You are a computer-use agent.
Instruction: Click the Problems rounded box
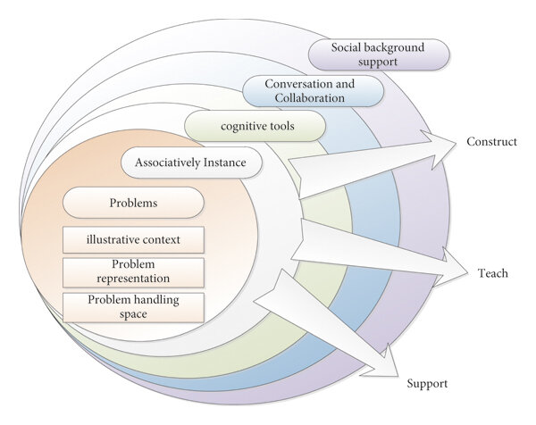point(134,203)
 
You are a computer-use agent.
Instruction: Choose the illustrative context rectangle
point(133,239)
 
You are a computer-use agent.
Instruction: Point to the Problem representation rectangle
point(133,271)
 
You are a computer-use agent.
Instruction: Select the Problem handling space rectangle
point(133,305)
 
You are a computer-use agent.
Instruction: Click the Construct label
point(491,142)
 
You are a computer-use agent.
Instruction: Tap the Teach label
point(492,273)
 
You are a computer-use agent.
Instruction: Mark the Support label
point(427,384)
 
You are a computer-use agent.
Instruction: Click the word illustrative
point(112,239)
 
